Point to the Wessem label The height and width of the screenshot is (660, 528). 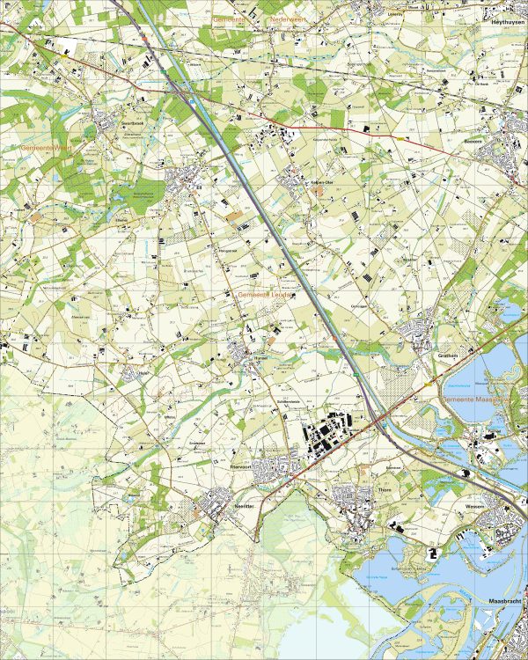click(476, 508)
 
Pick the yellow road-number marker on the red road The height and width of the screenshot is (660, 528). click(401, 139)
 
